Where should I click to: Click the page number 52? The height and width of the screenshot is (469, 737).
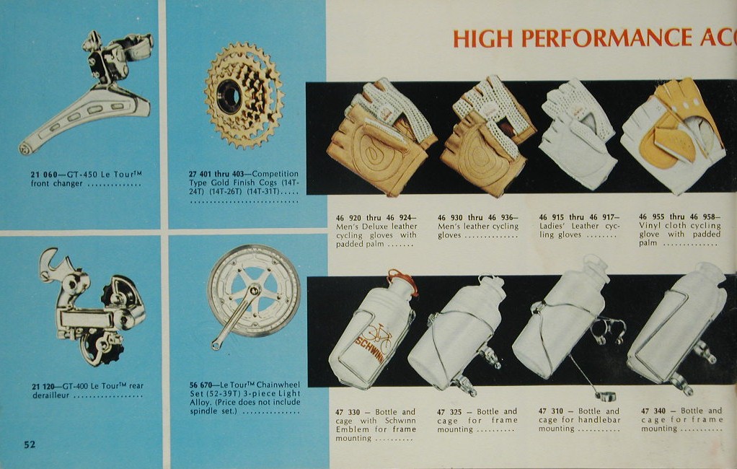click(30, 444)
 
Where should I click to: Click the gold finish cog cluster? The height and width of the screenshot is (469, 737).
click(244, 95)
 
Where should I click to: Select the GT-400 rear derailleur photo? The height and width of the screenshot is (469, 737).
click(92, 307)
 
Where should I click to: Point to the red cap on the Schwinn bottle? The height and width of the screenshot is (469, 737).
click(403, 281)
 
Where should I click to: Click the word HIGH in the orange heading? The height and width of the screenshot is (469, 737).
click(482, 38)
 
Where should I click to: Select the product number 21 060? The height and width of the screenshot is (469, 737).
click(44, 175)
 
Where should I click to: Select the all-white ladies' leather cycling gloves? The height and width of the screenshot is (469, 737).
click(578, 133)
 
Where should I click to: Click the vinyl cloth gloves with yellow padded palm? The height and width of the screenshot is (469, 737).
click(673, 136)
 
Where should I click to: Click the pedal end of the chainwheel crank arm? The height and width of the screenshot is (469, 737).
click(216, 346)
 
